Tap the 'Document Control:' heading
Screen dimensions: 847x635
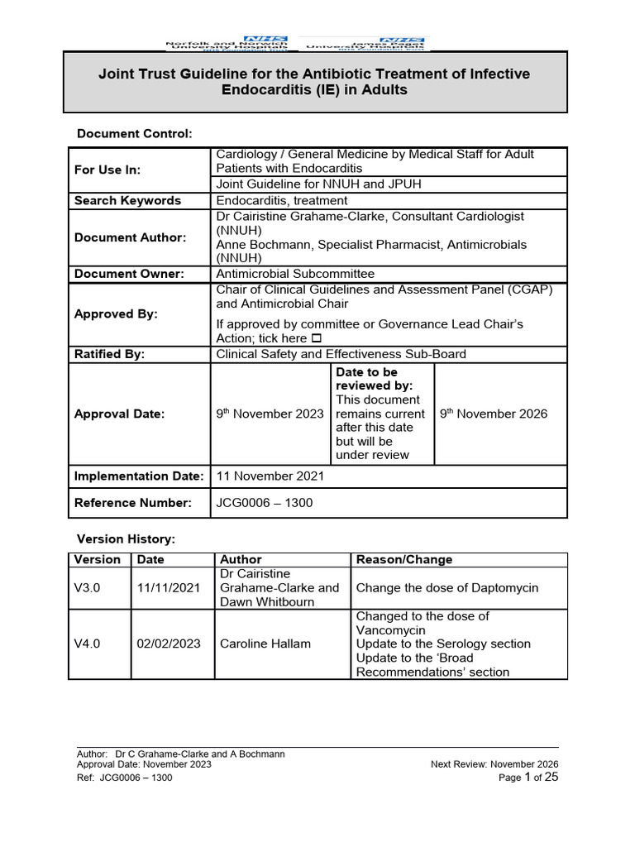(134, 133)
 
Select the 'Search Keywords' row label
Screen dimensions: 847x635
(127, 200)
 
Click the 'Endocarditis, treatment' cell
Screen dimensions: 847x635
(281, 200)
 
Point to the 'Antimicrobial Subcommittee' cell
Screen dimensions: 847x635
(295, 274)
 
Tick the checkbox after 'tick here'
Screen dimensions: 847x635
(315, 339)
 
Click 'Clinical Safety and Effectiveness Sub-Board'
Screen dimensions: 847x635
(341, 354)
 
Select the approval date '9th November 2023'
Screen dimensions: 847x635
(270, 414)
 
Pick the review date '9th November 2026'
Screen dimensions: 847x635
(493, 414)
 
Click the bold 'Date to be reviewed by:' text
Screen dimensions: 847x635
(374, 379)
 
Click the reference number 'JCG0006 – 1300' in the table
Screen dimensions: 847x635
(265, 503)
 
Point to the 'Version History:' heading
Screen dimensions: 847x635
(126, 538)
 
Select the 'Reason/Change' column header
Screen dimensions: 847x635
(403, 560)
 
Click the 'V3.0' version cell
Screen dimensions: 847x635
(87, 588)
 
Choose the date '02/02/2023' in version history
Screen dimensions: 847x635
(169, 644)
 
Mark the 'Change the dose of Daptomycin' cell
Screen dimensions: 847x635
(446, 588)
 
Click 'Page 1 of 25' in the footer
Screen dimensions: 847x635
(530, 778)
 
